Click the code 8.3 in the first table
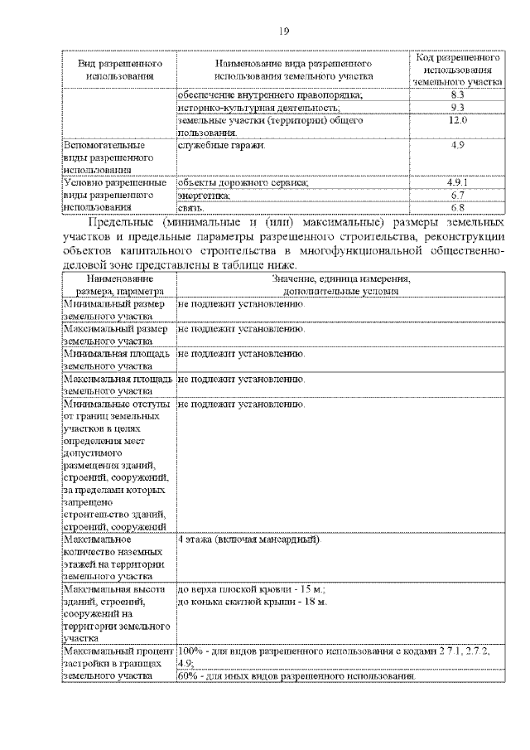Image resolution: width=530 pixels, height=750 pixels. [458, 96]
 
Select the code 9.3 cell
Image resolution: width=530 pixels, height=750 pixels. [458, 109]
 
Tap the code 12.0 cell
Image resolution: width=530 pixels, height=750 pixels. [458, 120]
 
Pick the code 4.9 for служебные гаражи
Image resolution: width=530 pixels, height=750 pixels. [458, 145]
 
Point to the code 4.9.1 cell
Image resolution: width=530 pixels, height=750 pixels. [458, 182]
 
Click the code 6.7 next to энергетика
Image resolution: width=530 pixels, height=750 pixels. [458, 195]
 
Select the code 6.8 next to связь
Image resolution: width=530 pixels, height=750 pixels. [458, 206]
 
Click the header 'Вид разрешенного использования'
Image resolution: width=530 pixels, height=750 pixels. [119, 70]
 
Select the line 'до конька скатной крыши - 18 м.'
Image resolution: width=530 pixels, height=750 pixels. [253, 601]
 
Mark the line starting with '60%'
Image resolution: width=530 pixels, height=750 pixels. [296, 677]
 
